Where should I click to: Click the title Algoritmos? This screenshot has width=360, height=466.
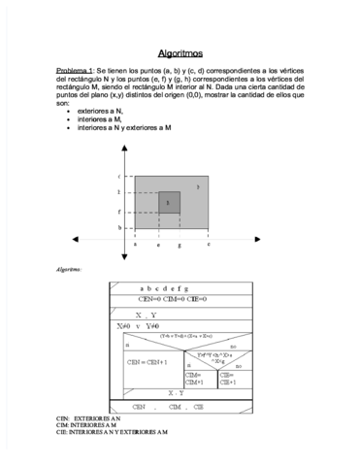coord(180,53)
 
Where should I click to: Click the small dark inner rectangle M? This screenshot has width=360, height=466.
coord(169,202)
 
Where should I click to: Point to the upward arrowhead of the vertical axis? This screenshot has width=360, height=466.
coord(124,148)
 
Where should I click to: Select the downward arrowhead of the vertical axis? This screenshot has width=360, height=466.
coord(124,256)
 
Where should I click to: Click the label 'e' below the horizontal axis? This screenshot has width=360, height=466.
coord(158,246)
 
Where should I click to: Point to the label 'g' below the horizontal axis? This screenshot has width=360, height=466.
coord(180,246)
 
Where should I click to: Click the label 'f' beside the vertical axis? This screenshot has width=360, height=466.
coord(118,211)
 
